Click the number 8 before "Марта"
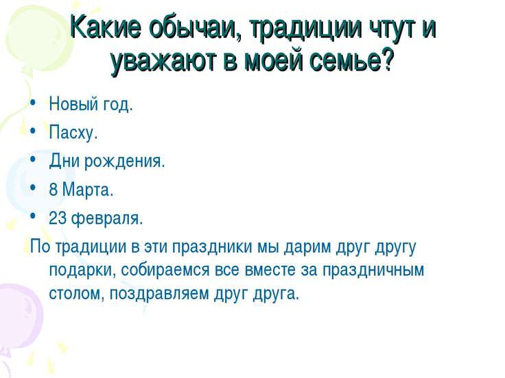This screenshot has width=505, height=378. click(53, 189)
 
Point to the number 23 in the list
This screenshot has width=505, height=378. click(58, 218)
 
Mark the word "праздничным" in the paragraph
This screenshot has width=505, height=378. click(373, 270)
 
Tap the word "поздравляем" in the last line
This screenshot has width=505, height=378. click(159, 294)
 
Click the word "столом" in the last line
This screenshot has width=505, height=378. click(75, 294)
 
